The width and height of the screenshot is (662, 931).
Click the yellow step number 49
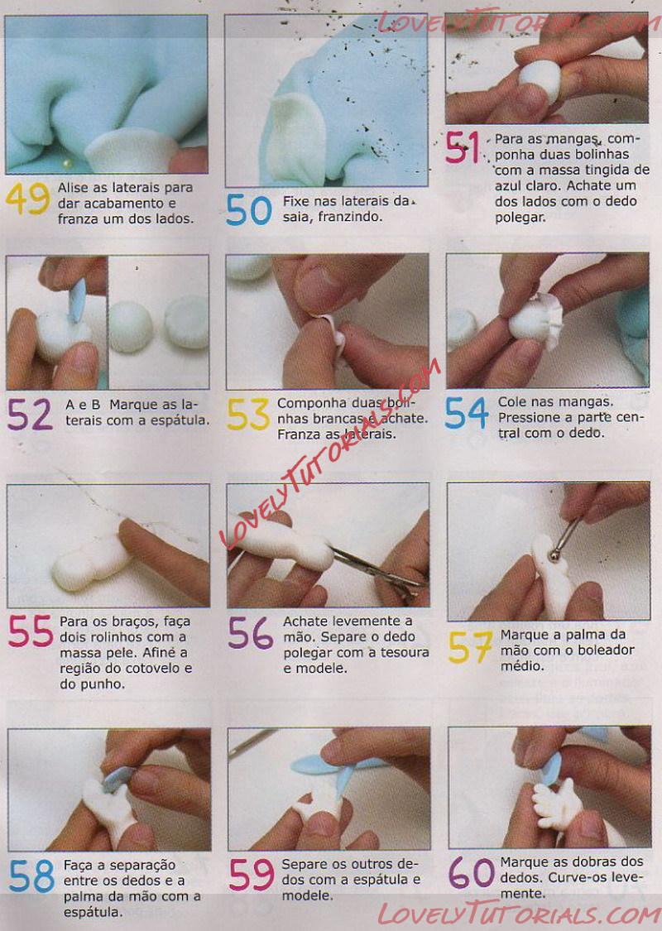(28, 199)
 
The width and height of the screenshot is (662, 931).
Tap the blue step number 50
(249, 209)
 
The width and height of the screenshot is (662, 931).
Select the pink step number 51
(463, 148)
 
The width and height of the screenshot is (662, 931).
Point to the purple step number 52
(30, 414)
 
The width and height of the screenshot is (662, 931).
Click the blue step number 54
(467, 413)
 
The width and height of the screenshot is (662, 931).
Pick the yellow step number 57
(470, 647)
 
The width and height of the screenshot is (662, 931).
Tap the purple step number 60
(472, 872)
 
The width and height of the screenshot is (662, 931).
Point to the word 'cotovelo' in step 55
(154, 668)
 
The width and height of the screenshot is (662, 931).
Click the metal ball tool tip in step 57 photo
(554, 556)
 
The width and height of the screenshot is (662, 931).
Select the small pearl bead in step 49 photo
(67, 163)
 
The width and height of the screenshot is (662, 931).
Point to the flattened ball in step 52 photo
(187, 322)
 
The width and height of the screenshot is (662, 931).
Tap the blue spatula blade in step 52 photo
(77, 300)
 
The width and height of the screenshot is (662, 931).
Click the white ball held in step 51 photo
(540, 81)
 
